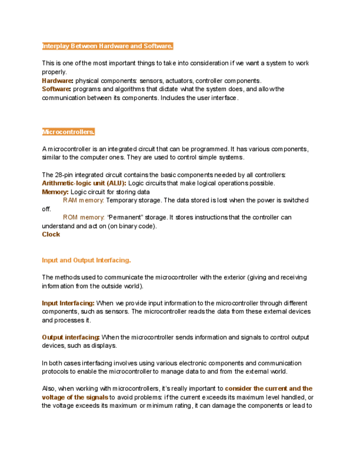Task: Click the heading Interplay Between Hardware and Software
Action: [x=108, y=46]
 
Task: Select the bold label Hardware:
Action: [x=57, y=81]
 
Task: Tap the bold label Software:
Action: [x=57, y=89]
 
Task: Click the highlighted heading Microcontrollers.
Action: [x=69, y=132]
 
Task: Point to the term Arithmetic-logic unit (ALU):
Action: [x=84, y=184]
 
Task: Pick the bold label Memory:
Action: [x=56, y=192]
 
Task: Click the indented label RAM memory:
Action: [x=84, y=201]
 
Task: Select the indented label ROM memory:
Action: [x=84, y=218]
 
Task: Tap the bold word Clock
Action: [x=51, y=235]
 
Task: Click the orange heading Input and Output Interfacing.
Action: [x=86, y=260]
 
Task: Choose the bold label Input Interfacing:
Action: [x=68, y=303]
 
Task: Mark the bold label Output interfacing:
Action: [x=71, y=337]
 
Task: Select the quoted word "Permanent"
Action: [x=124, y=218]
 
